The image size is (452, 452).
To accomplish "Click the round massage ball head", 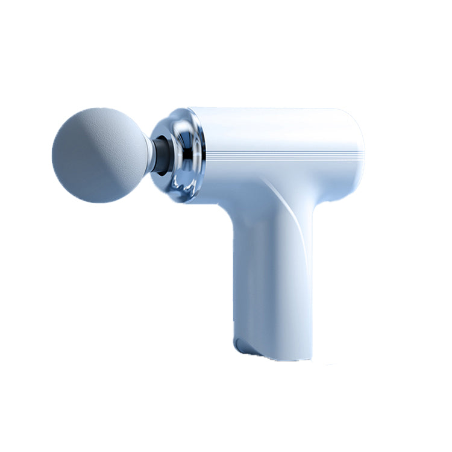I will [x=99, y=155].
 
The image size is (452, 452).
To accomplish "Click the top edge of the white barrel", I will [x=271, y=110].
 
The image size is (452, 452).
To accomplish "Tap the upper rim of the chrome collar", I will [x=181, y=115].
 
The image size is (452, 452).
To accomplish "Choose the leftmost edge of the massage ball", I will [x=54, y=155].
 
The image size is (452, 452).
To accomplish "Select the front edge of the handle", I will [x=233, y=271].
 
